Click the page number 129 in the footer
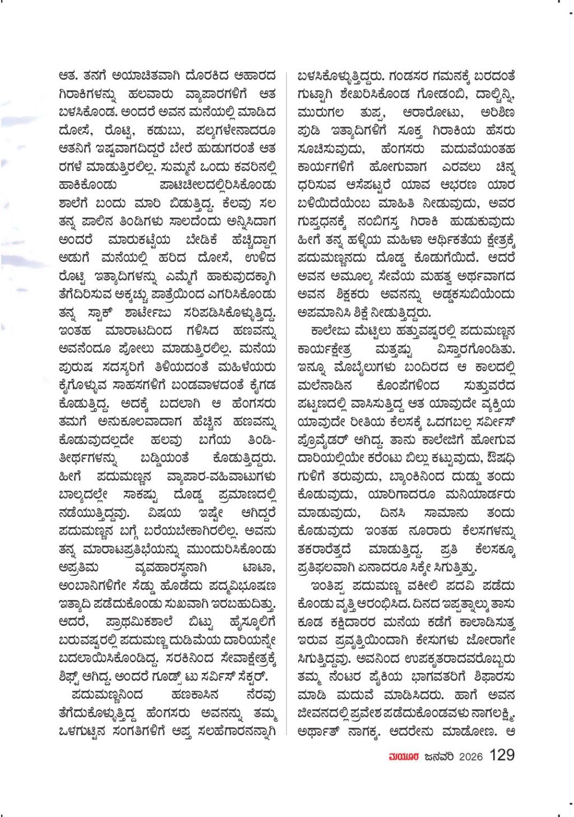tap(502, 755)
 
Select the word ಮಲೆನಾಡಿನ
tap(324, 386)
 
